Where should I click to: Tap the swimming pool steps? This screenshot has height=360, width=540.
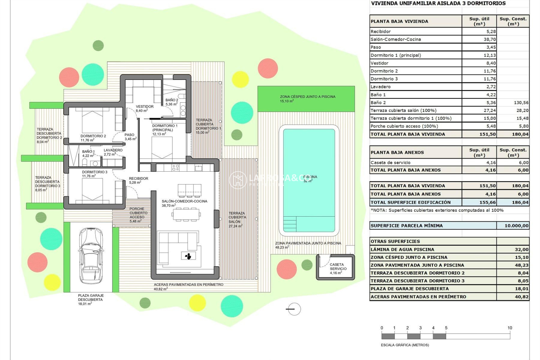pyautogui.click(x=290, y=224)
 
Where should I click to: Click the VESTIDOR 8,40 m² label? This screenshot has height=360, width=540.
pyautogui.click(x=145, y=108)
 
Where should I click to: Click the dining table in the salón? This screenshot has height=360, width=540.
pyautogui.click(x=186, y=215)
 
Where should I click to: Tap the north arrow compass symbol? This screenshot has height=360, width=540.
pyautogui.click(x=294, y=309)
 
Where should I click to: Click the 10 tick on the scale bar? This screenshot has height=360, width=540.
pyautogui.click(x=510, y=328)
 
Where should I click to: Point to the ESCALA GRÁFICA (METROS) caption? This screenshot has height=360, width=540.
pyautogui.click(x=405, y=345)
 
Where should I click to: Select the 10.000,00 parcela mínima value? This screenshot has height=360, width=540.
pyautogui.click(x=516, y=226)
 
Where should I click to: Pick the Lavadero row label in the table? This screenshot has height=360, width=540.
pyautogui.click(x=381, y=87)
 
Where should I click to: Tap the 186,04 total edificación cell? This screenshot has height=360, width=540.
pyautogui.click(x=520, y=202)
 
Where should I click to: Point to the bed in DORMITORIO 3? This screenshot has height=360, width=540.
pyautogui.click(x=92, y=190)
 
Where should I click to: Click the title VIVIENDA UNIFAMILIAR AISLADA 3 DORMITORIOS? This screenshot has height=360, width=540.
pyautogui.click(x=438, y=3)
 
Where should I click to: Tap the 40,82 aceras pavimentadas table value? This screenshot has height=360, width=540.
pyautogui.click(x=521, y=296)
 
